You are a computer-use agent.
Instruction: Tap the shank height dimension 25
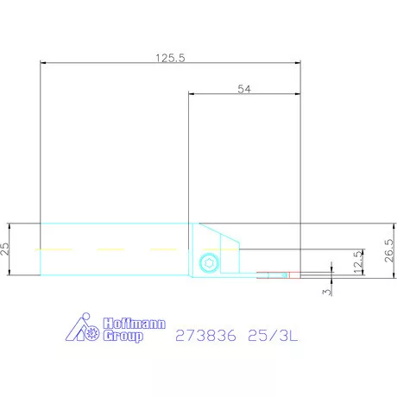click(x=7, y=249)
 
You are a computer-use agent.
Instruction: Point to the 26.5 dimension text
click(x=388, y=249)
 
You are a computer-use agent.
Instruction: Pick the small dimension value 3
click(x=326, y=293)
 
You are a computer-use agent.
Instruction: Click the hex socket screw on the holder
click(x=206, y=262)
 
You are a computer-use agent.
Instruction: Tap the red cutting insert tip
click(x=292, y=275)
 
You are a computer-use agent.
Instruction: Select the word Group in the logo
click(x=123, y=337)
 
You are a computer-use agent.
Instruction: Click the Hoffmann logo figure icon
click(x=85, y=329)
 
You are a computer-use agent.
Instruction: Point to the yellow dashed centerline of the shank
click(x=112, y=249)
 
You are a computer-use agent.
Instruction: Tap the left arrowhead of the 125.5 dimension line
click(x=44, y=62)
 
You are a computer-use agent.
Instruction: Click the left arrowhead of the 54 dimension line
click(x=192, y=94)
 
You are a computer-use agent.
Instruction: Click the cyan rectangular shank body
click(x=112, y=237)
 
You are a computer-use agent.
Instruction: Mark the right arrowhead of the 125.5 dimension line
click(x=296, y=62)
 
